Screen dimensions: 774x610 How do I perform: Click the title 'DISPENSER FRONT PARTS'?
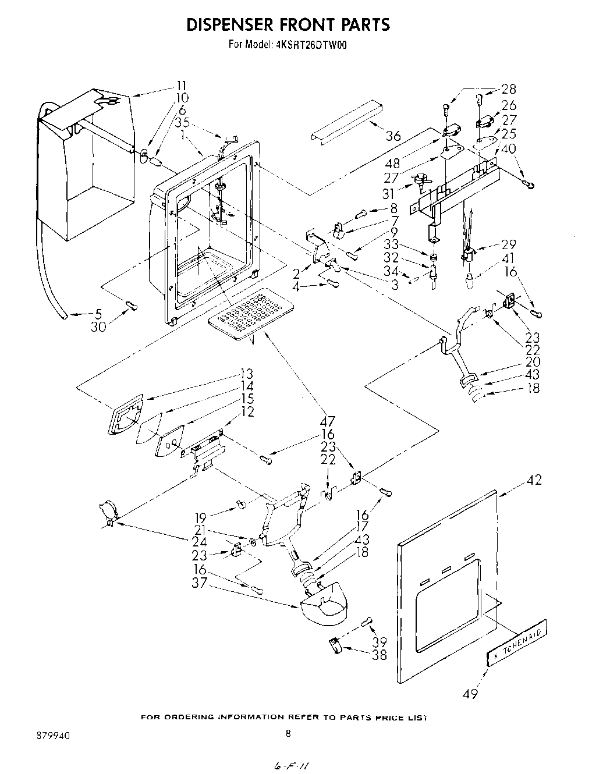tap(288, 24)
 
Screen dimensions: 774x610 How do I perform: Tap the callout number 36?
tap(393, 136)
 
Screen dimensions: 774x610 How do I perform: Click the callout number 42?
tap(533, 480)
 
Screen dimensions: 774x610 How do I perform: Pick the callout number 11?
tap(182, 85)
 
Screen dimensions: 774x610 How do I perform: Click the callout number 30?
tap(98, 327)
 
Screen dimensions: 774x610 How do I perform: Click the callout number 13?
tap(247, 374)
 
